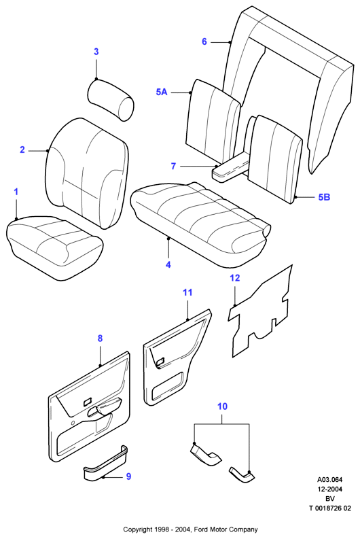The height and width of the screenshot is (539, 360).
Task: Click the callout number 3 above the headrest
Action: click(96, 52)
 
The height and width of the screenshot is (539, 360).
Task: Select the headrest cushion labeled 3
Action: click(111, 99)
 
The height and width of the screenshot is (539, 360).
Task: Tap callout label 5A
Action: click(162, 92)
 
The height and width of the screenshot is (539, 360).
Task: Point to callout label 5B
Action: click(324, 197)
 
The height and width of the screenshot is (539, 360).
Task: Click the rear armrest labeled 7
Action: click(231, 168)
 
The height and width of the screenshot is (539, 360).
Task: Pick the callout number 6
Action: click(204, 41)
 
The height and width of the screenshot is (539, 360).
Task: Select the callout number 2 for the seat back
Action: click(22, 150)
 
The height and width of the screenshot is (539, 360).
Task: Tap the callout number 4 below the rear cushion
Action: click(168, 264)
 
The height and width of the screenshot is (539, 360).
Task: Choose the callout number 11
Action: click(187, 292)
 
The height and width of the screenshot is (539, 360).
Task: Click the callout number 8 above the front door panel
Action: click(100, 338)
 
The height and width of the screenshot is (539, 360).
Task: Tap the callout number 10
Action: click(222, 406)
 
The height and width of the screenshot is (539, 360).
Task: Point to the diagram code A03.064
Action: click(329, 480)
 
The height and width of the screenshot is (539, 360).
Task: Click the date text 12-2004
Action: click(329, 489)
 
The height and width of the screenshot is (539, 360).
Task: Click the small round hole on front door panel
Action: click(73, 423)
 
